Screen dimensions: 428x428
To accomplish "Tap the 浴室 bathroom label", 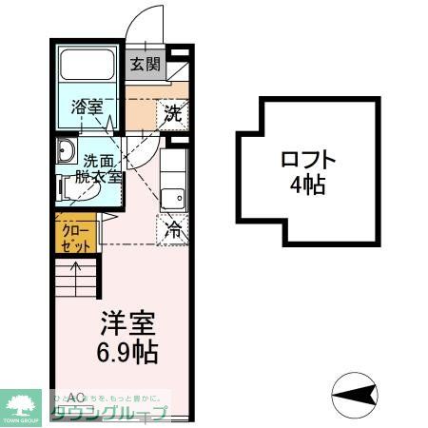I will (x=88, y=107).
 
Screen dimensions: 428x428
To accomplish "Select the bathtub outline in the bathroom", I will (x=88, y=68).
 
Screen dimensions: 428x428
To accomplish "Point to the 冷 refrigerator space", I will (x=174, y=228).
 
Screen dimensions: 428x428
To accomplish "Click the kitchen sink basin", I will (x=173, y=199).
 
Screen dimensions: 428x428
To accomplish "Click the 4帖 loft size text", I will (x=308, y=185).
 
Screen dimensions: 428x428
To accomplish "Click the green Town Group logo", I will (x=21, y=405).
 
